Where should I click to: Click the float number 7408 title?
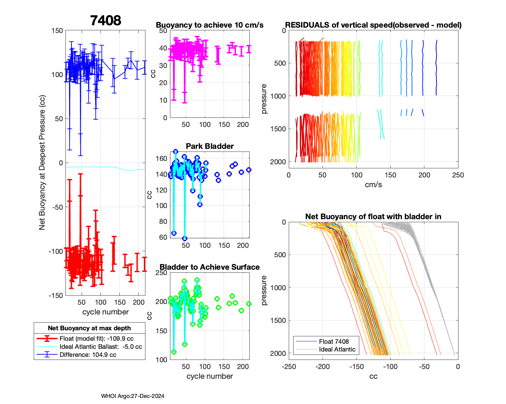click(106, 21)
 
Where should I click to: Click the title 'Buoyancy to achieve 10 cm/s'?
click(209, 25)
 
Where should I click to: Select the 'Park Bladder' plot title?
click(210, 146)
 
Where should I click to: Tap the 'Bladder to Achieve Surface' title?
click(209, 267)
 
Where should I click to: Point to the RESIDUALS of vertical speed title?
click(373, 25)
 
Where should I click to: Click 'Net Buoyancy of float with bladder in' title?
click(373, 216)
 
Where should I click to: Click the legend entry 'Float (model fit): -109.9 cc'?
click(96, 339)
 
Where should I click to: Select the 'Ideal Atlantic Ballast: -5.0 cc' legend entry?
click(101, 347)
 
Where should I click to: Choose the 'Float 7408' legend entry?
click(334, 341)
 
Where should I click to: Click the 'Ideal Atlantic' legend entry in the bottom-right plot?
click(337, 349)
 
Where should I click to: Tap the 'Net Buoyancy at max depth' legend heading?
click(89, 328)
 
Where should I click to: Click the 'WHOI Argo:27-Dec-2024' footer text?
click(133, 396)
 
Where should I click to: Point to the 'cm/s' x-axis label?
click(373, 185)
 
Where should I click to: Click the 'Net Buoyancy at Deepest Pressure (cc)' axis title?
click(42, 163)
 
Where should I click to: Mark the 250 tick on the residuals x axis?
click(458, 175)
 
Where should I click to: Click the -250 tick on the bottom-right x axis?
click(289, 367)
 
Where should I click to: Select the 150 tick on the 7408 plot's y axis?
click(57, 31)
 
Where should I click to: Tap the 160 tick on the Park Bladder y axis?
click(162, 158)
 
